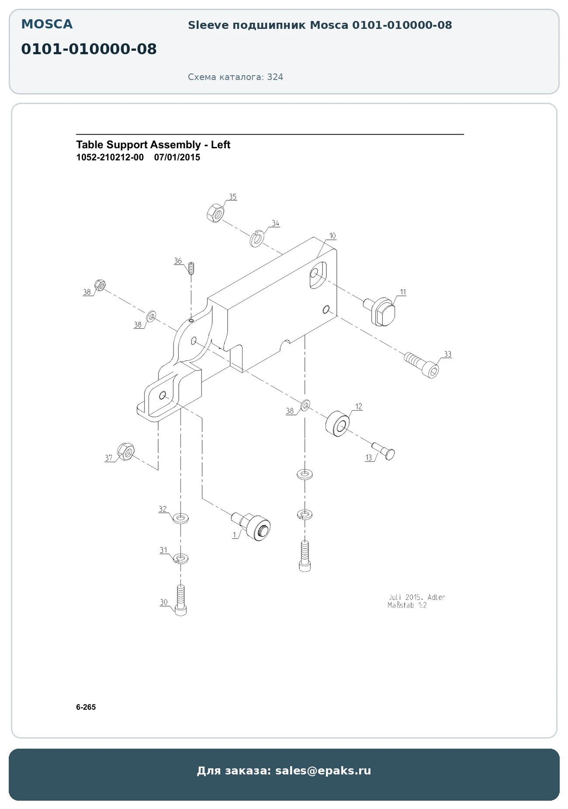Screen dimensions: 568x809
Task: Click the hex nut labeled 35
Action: point(215,213)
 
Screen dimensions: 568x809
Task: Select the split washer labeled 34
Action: point(256,238)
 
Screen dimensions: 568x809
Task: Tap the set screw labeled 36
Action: point(191,268)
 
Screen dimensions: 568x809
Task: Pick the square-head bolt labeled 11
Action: point(380,310)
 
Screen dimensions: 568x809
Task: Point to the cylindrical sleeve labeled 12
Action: point(337,423)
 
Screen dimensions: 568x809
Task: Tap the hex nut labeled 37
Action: point(126,451)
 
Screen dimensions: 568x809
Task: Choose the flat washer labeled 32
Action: point(180,519)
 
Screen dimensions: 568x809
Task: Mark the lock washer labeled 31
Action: point(181,558)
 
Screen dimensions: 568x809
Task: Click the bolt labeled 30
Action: point(180,600)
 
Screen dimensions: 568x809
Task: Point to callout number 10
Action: point(332,236)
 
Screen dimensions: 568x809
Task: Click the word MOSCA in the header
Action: point(47,24)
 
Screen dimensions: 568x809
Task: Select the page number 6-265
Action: point(86,707)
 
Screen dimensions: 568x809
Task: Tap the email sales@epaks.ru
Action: point(323,771)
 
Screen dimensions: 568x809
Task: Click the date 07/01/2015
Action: point(177,157)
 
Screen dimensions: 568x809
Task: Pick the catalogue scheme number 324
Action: point(275,77)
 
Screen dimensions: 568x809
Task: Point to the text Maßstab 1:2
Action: point(407,606)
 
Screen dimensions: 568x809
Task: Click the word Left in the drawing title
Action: point(221,145)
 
